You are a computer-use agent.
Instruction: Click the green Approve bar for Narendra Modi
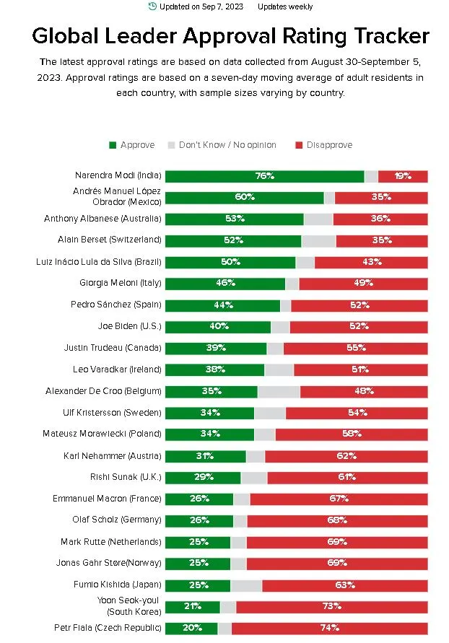pyautogui.click(x=264, y=176)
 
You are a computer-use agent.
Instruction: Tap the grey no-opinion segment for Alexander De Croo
pyautogui.click(x=279, y=392)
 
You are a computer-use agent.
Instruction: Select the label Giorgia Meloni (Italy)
pyautogui.click(x=120, y=283)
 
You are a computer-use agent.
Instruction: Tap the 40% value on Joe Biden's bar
pyautogui.click(x=217, y=327)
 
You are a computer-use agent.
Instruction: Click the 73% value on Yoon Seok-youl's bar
pyautogui.click(x=331, y=607)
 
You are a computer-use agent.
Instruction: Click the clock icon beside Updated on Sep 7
pyautogui.click(x=152, y=6)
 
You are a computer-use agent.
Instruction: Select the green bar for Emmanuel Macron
pyautogui.click(x=199, y=499)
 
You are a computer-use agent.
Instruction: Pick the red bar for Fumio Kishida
pyautogui.click(x=345, y=585)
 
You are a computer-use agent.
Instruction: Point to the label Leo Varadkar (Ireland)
pyautogui.click(x=117, y=369)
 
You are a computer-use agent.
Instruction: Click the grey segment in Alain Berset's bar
pyautogui.click(x=318, y=240)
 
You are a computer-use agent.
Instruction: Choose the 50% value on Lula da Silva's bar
pyautogui.click(x=230, y=262)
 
